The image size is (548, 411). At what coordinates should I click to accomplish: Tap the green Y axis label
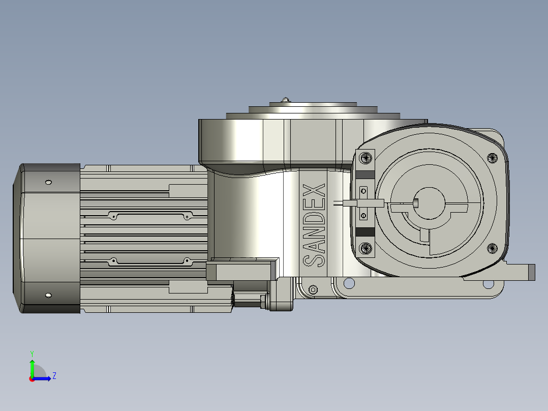(x=32, y=354)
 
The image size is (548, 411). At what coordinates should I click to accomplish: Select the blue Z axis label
(x=54, y=376)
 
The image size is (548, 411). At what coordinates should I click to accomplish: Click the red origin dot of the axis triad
(x=32, y=379)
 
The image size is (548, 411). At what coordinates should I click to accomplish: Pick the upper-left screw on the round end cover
(x=366, y=157)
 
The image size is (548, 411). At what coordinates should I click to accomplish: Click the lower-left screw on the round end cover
(x=366, y=249)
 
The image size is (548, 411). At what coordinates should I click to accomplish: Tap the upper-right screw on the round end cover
(x=492, y=158)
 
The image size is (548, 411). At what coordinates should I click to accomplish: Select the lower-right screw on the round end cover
(x=492, y=249)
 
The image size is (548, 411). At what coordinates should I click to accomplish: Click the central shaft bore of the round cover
(x=429, y=203)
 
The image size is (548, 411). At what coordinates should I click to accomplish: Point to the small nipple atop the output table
(x=286, y=100)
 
